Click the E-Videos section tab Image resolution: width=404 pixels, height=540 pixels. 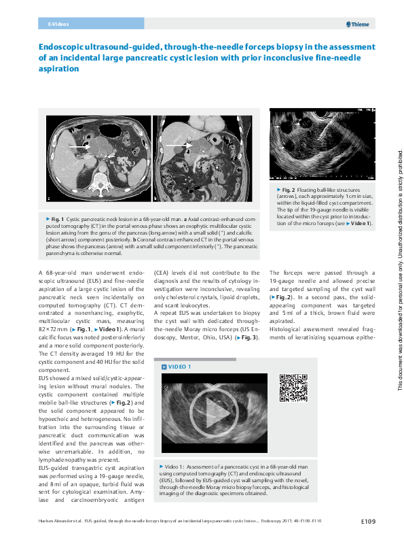coord(58,24)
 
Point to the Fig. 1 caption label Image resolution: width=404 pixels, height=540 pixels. coord(57,218)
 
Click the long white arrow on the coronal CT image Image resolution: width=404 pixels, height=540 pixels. coord(179,146)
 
